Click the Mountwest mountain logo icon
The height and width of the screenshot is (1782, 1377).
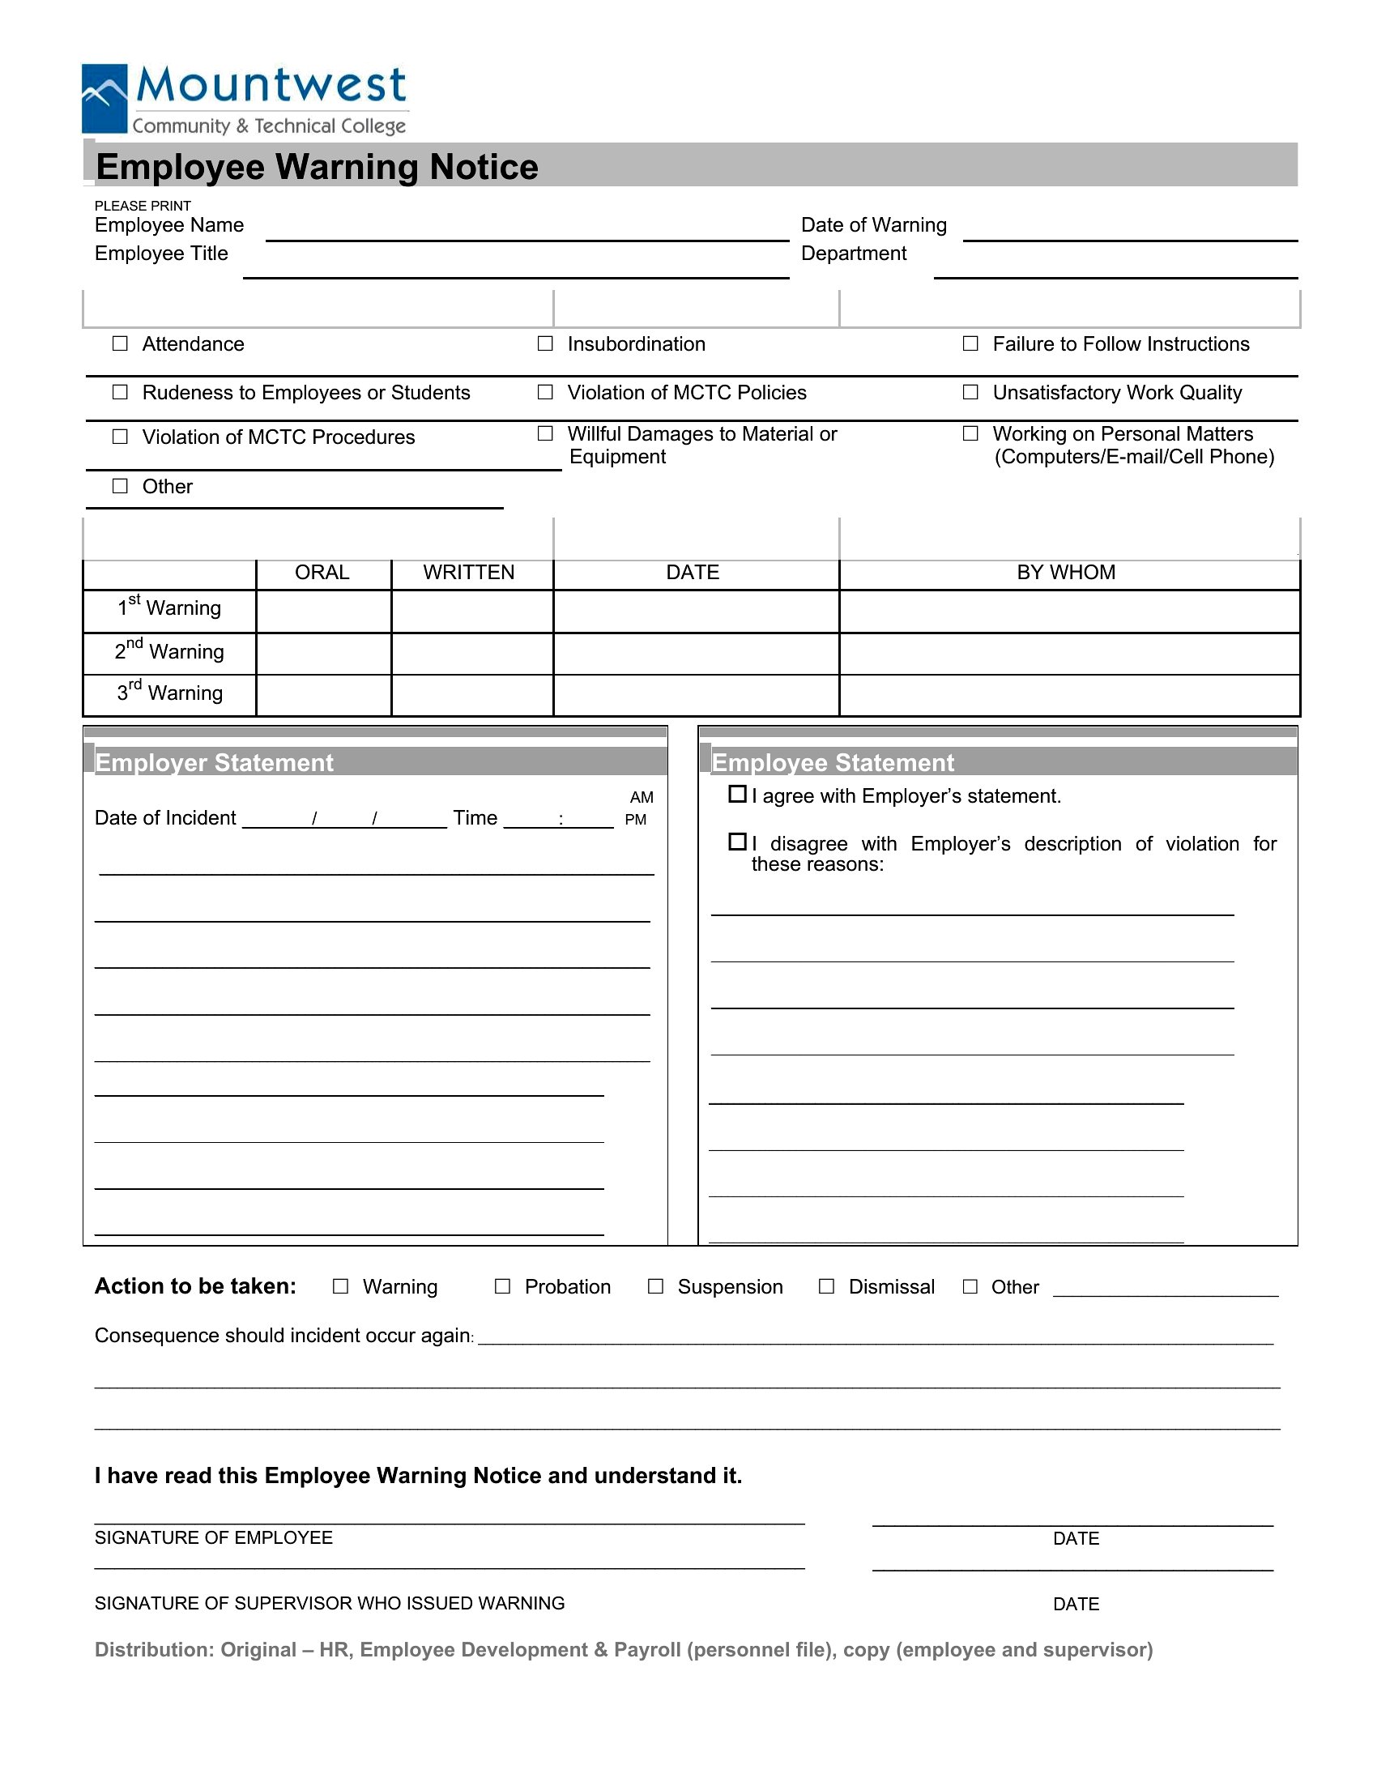pyautogui.click(x=104, y=98)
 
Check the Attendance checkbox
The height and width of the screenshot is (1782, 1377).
pyautogui.click(x=120, y=343)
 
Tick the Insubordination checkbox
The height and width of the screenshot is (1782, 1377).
pyautogui.click(x=545, y=343)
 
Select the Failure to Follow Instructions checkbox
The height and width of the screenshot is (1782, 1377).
pyautogui.click(x=970, y=343)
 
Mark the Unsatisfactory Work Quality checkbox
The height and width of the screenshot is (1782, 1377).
pyautogui.click(x=970, y=393)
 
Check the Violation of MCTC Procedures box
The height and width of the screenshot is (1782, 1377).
pyautogui.click(x=120, y=437)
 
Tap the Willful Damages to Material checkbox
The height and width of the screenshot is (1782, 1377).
pyautogui.click(x=545, y=433)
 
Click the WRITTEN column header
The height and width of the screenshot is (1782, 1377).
pyautogui.click(x=468, y=573)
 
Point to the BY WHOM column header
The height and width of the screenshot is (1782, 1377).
pyautogui.click(x=1065, y=573)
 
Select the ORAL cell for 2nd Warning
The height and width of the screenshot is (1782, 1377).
pyautogui.click(x=323, y=653)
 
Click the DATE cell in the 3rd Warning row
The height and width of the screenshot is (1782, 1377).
pyautogui.click(x=695, y=695)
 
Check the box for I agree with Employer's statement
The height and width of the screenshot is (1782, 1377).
pyautogui.click(x=736, y=794)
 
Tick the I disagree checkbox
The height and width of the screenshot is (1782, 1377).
pyautogui.click(x=736, y=842)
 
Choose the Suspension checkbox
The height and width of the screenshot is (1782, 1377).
pyautogui.click(x=655, y=1286)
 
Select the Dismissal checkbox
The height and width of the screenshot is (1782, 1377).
pyautogui.click(x=826, y=1286)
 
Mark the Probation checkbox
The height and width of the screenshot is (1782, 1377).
pyautogui.click(x=502, y=1286)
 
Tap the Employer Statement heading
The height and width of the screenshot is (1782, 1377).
pyautogui.click(x=215, y=763)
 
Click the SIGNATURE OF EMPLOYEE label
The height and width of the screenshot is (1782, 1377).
pyautogui.click(x=214, y=1537)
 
